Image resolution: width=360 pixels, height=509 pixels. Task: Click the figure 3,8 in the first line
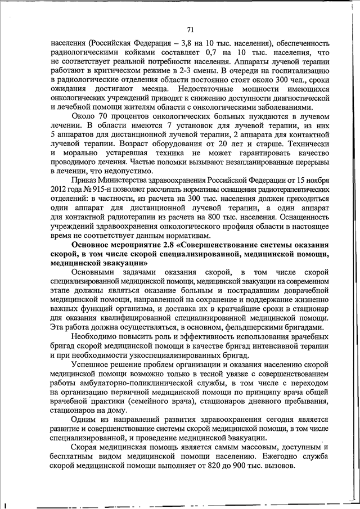pyautogui.click(x=171, y=43)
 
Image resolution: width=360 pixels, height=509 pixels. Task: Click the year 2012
pyautogui.click(x=59, y=189)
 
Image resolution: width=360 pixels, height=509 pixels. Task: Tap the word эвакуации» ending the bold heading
pyautogui.click(x=128, y=262)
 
